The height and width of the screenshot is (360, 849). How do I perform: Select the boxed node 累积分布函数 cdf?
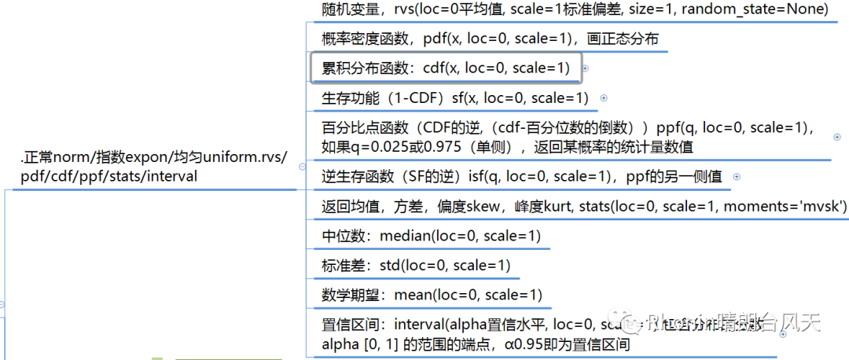[446, 68]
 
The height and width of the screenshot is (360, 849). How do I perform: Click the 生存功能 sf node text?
[455, 98]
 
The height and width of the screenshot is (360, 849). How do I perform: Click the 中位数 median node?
[431, 236]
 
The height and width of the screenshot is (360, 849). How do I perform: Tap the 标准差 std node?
[416, 266]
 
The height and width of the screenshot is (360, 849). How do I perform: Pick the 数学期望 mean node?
[432, 296]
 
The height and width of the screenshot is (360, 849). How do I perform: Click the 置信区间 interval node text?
[472, 333]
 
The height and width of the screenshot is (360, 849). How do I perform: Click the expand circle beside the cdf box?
[586, 69]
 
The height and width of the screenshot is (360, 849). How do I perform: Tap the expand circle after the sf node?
[604, 98]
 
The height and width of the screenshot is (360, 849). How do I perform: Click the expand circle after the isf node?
[737, 178]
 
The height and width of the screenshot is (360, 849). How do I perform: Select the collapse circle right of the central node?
[303, 167]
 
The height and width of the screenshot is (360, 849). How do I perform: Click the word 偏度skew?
[478, 207]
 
